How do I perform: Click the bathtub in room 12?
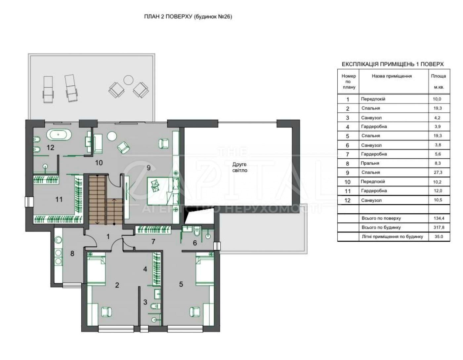click(59, 135)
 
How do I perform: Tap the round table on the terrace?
click(128, 80)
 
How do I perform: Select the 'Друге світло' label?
click(240, 167)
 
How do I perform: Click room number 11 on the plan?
click(59, 199)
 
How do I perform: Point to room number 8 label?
click(72, 253)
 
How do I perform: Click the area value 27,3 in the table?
click(438, 172)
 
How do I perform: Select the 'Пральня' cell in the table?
click(370, 163)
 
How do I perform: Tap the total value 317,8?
click(439, 227)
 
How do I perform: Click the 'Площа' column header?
click(439, 76)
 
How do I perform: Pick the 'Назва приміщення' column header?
click(392, 76)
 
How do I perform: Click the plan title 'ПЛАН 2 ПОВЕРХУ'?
click(168, 17)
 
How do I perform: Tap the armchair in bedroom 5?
click(194, 312)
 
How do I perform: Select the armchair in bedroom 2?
click(106, 312)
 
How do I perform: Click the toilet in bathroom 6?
click(197, 231)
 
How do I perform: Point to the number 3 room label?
click(145, 302)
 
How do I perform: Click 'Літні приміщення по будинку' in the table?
click(392, 236)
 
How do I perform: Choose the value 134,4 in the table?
click(439, 218)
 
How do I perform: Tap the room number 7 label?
click(153, 241)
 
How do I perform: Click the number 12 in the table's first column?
click(348, 200)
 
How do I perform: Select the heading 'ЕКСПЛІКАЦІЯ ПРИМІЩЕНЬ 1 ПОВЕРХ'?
click(393, 64)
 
